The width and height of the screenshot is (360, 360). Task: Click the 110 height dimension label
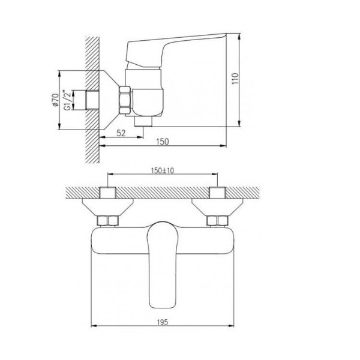(x=235, y=79)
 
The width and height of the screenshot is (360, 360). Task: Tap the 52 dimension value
(x=121, y=133)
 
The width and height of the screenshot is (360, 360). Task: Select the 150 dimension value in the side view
(x=163, y=142)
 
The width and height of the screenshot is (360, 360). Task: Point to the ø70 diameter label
(x=55, y=100)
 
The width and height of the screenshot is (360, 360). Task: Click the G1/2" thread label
(x=67, y=100)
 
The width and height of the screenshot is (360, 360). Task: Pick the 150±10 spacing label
(x=163, y=170)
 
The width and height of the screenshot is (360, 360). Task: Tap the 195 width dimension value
(x=163, y=322)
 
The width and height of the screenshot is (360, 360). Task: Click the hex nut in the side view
(x=125, y=100)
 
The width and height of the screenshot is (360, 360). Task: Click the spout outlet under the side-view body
(x=143, y=121)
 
